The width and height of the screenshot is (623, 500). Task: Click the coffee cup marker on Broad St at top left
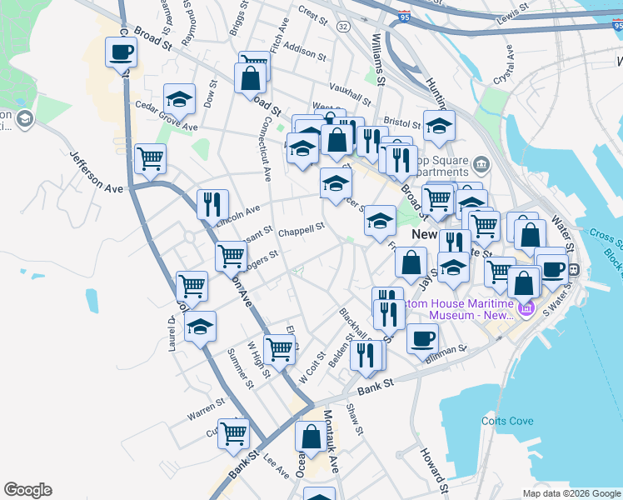[122, 52]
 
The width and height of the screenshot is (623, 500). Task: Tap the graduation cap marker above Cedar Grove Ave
[179, 100]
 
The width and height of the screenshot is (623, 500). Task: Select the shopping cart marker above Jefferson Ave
[150, 157]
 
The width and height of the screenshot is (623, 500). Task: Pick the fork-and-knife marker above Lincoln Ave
[213, 203]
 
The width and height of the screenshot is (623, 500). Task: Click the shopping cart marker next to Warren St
[234, 432]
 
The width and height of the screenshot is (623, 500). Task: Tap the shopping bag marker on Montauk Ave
[311, 437]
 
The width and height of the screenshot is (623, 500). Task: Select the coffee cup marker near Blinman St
[422, 338]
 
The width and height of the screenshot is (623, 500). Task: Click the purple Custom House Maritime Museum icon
[526, 310]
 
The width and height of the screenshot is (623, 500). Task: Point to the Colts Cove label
[507, 421]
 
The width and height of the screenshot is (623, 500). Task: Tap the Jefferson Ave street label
[97, 172]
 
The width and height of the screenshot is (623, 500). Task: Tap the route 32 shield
[343, 27]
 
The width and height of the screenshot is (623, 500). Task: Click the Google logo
[27, 490]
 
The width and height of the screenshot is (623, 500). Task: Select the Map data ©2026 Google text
[571, 493]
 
